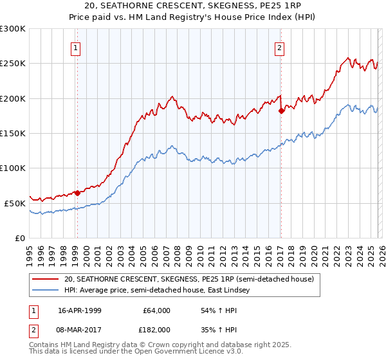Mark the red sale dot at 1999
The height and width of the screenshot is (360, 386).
tap(77, 193)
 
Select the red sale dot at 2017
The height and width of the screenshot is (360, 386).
tap(281, 111)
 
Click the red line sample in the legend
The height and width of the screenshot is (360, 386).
tap(46, 279)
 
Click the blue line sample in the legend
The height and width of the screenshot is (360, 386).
tap(46, 291)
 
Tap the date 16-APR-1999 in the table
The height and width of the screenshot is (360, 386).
tap(80, 310)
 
